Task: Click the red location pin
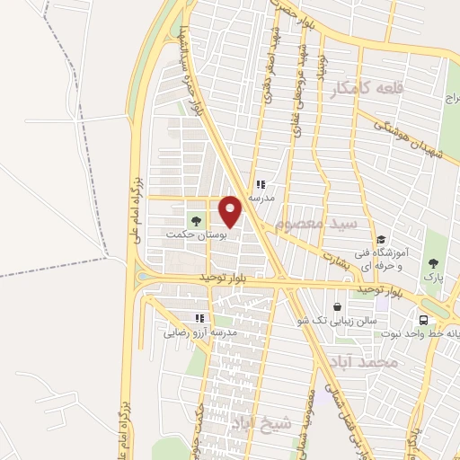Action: tap(231, 212)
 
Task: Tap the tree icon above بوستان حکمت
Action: tap(194, 219)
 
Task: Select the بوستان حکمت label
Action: tap(191, 234)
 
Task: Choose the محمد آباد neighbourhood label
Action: tap(376, 362)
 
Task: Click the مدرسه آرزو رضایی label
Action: tap(199, 332)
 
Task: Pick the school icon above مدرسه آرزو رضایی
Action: tap(199, 318)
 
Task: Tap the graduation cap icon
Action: tap(382, 240)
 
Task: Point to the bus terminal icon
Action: tap(423, 320)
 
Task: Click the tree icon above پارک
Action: tap(435, 263)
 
